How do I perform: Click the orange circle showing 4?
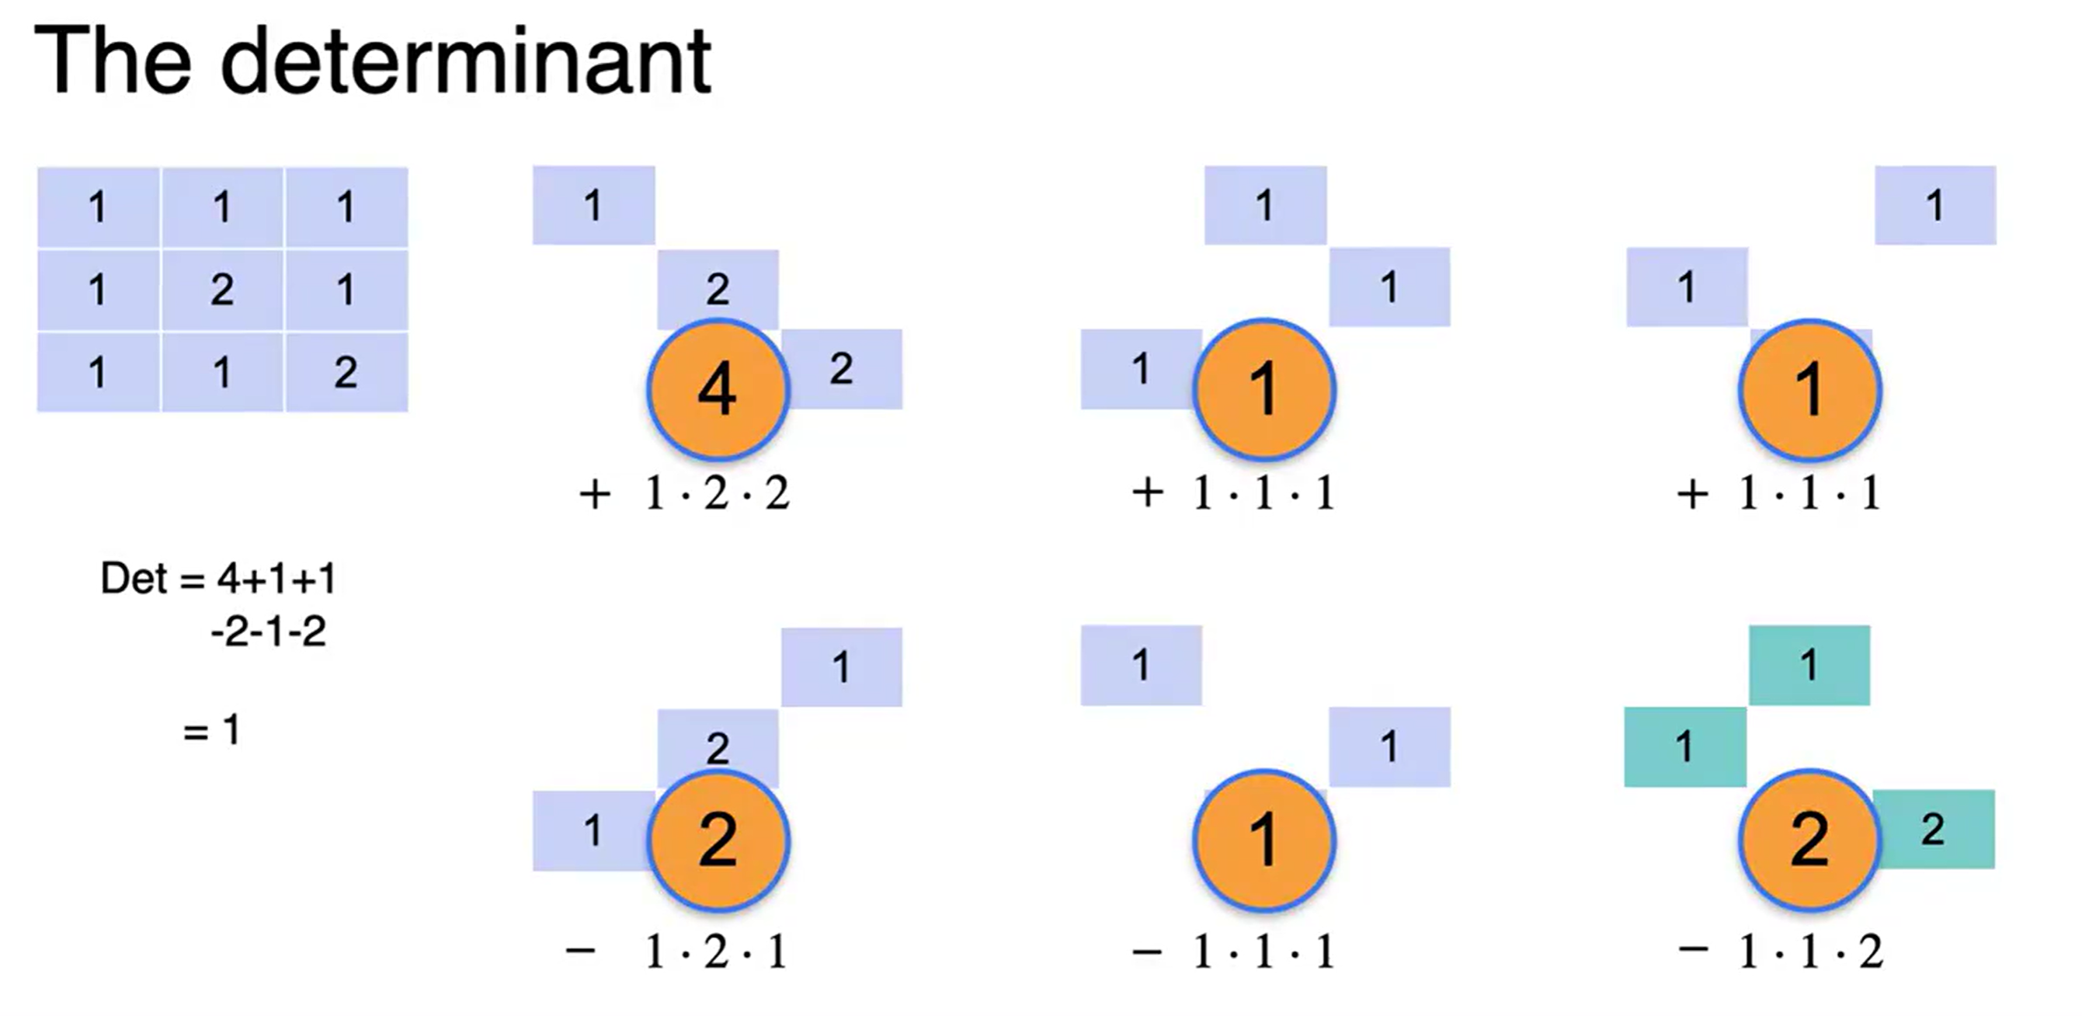click(x=717, y=390)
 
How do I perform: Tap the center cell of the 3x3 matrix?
click(x=222, y=290)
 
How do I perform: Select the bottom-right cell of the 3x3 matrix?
click(x=346, y=372)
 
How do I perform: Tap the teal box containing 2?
click(x=1934, y=830)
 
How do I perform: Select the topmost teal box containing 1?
click(x=1809, y=665)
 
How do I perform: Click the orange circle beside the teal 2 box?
click(x=1809, y=839)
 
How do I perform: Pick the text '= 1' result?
click(x=212, y=731)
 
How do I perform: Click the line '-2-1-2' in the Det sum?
click(x=269, y=632)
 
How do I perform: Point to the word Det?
click(x=134, y=579)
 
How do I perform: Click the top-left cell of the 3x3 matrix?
click(x=99, y=207)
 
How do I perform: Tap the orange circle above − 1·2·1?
click(x=718, y=839)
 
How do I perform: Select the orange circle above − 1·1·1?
click(x=1264, y=839)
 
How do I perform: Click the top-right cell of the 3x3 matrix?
click(x=346, y=207)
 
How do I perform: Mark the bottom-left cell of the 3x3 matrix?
click(x=99, y=372)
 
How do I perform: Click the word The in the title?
click(x=113, y=61)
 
